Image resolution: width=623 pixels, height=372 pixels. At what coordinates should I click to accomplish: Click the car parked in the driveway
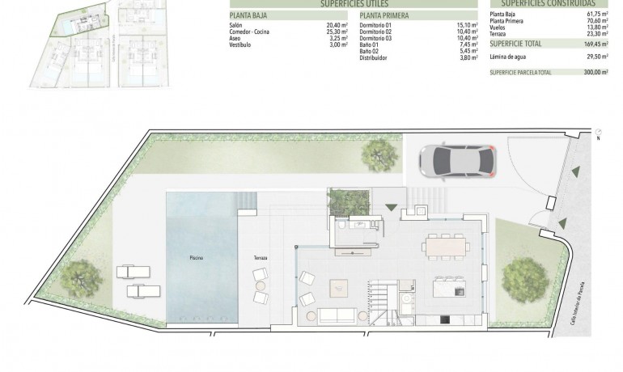click(x=456, y=159)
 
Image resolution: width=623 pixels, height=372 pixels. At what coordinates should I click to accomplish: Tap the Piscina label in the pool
click(x=197, y=258)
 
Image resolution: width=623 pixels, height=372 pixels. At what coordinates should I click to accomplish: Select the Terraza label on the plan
click(x=261, y=258)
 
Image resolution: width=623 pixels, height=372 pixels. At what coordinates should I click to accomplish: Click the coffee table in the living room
click(x=337, y=286)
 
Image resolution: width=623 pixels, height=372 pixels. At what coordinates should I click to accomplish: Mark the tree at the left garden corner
click(x=80, y=278)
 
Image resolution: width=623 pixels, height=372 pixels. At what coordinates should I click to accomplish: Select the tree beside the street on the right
click(x=524, y=280)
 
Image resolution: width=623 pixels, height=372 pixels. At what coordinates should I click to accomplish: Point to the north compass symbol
click(x=598, y=133)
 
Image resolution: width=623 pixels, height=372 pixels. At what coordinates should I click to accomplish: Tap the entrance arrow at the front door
click(x=392, y=208)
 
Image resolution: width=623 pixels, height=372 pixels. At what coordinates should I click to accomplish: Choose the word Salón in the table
click(x=236, y=25)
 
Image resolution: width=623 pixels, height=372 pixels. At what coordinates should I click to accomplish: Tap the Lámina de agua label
click(x=510, y=57)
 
